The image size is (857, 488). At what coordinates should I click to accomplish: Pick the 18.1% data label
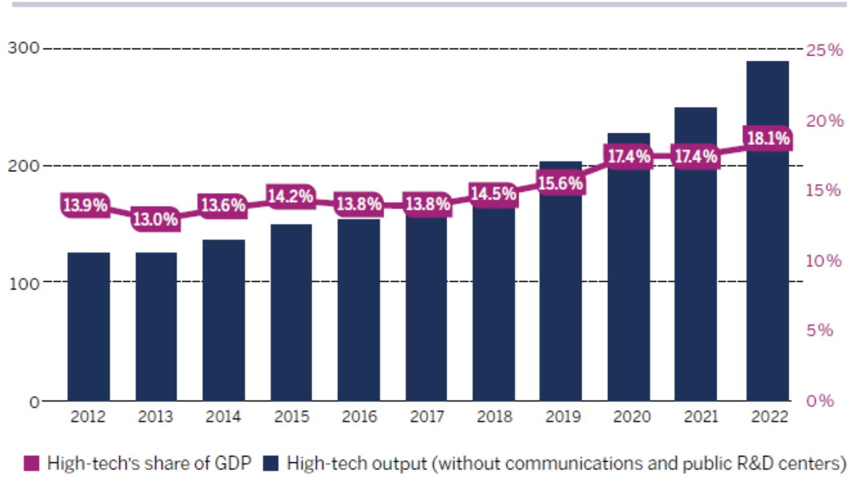(x=768, y=139)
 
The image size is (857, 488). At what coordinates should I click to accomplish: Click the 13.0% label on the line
(x=155, y=219)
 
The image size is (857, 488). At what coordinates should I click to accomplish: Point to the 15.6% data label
(x=560, y=184)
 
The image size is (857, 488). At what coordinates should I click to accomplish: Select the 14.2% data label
(x=291, y=196)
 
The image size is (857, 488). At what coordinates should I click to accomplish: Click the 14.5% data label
(x=493, y=193)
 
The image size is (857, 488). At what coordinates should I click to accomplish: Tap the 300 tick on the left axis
(x=23, y=48)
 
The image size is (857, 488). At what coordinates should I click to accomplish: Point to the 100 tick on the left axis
(x=23, y=283)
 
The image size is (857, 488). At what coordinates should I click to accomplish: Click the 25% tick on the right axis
(x=824, y=50)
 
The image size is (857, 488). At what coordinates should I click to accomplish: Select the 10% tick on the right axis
(x=823, y=261)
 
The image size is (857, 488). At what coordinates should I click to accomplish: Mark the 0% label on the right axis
(x=820, y=401)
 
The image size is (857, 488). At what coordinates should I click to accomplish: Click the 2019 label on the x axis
(x=562, y=417)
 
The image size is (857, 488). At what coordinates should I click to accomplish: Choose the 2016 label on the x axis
(x=359, y=417)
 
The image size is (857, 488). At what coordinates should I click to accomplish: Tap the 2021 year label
(x=700, y=417)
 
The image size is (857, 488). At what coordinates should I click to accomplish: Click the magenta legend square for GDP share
(x=32, y=463)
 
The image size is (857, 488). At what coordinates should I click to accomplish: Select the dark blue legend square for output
(x=271, y=463)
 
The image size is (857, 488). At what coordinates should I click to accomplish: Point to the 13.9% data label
(x=85, y=205)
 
